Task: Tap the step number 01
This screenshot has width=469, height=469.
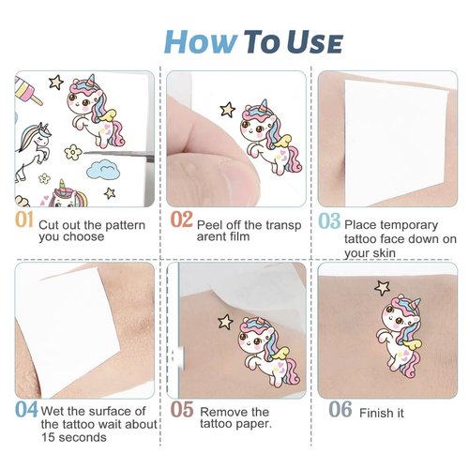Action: click(25, 220)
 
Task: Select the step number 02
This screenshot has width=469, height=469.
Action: click(182, 220)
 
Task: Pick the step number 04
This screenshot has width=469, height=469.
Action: click(26, 410)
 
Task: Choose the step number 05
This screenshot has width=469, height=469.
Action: click(182, 410)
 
